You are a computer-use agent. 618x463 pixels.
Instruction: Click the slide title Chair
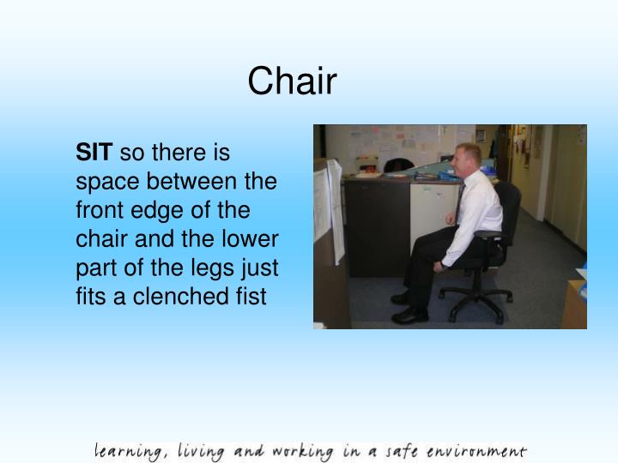293,82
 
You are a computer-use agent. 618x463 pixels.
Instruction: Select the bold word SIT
94,153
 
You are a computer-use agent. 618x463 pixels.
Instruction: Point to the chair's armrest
488,234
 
